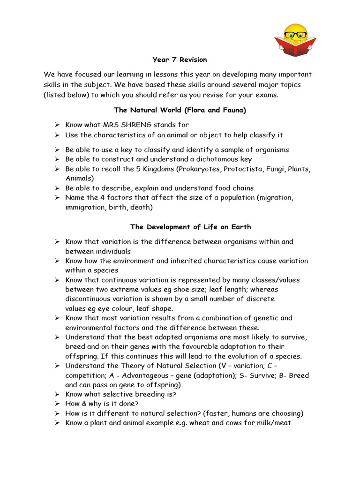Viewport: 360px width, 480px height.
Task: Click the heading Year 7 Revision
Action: point(180,60)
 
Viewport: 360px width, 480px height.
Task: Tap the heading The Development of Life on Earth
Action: point(190,227)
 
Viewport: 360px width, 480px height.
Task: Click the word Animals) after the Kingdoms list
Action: point(80,178)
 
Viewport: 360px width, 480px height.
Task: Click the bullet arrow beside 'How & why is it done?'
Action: point(57,404)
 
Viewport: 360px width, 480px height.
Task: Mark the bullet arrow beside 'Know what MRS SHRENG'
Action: point(57,125)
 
